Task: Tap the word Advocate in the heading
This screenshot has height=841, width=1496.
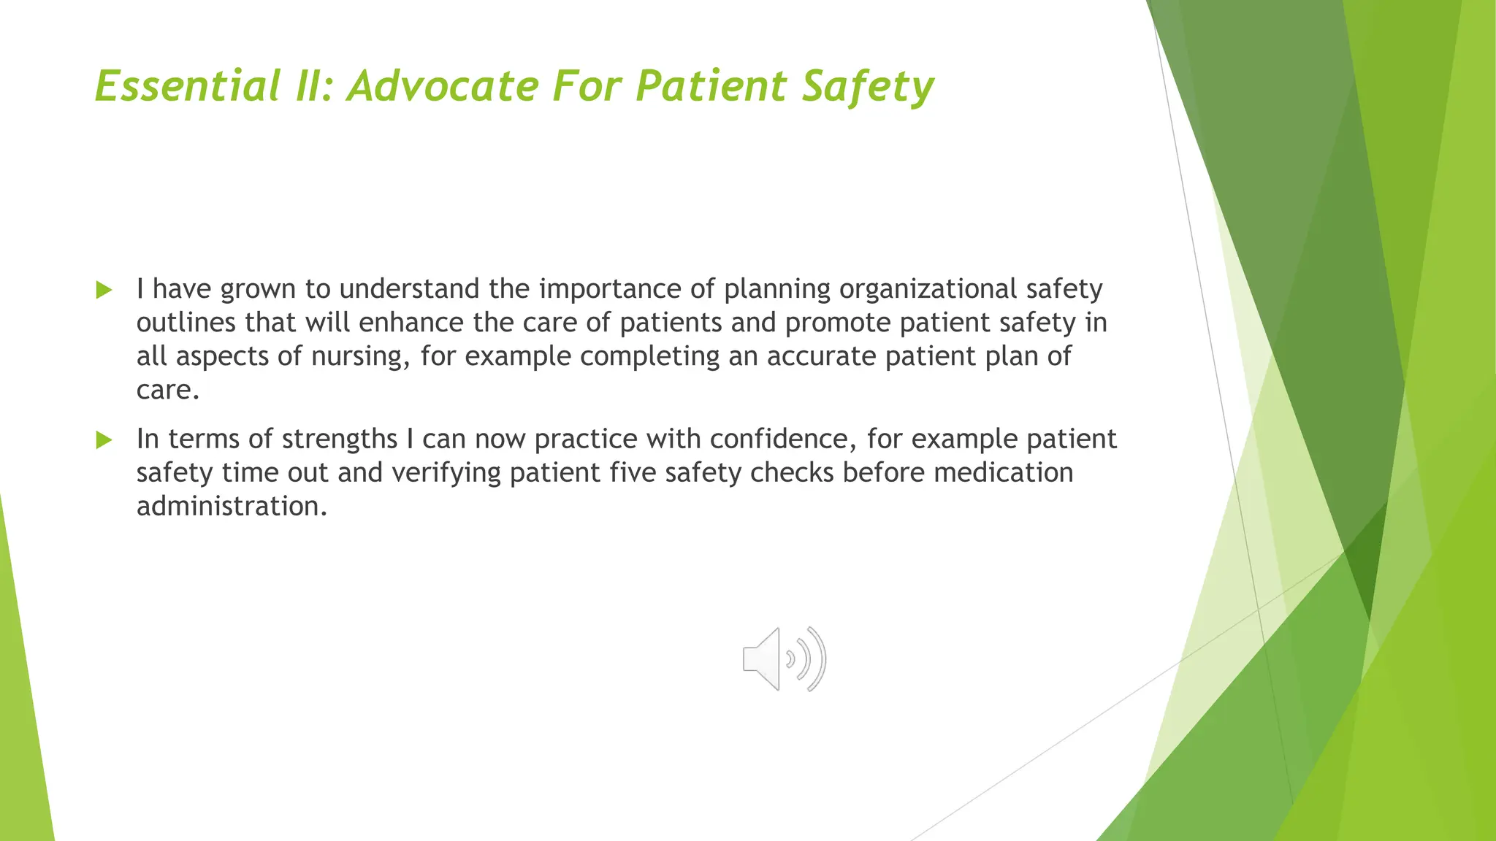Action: (443, 86)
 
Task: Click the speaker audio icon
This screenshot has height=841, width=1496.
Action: (784, 658)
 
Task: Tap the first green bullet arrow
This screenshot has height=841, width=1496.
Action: (104, 291)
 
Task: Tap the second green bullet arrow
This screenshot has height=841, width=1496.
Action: (104, 440)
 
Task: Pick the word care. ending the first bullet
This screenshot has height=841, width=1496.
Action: (167, 390)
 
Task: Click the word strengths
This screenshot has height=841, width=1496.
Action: (339, 439)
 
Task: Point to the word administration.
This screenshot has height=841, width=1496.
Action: (232, 506)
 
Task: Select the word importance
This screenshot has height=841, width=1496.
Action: (609, 289)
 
